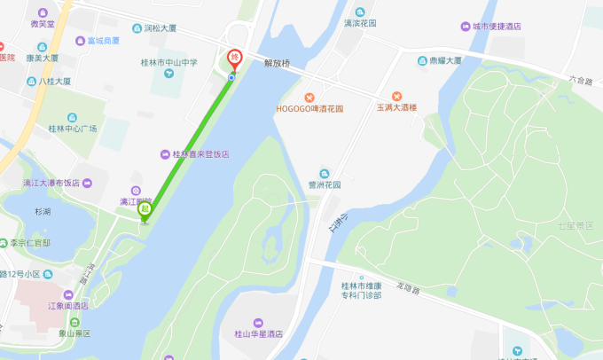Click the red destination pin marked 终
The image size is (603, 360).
(235, 58)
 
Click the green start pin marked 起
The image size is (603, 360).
(145, 211)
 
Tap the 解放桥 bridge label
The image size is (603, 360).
(277, 64)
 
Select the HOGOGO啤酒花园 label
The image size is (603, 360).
(309, 108)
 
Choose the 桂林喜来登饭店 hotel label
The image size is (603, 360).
(200, 153)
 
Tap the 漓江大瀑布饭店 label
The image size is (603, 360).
(51, 183)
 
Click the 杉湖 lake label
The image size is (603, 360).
(43, 212)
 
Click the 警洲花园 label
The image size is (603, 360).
(324, 185)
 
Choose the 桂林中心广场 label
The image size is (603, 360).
(73, 129)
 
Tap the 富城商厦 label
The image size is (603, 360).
(103, 41)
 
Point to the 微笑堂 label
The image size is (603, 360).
(42, 24)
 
